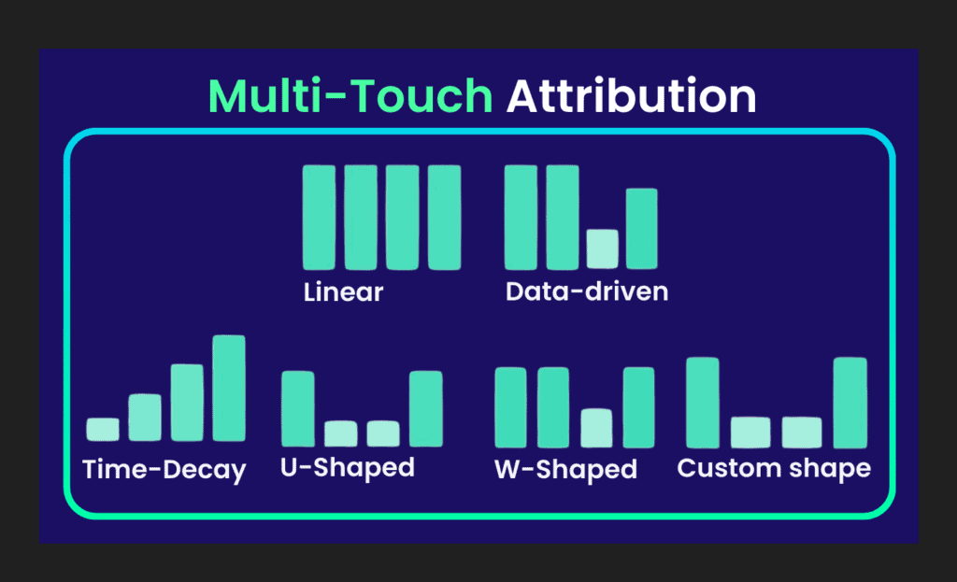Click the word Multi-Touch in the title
click(x=350, y=97)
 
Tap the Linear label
click(x=343, y=291)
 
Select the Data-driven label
click(x=587, y=291)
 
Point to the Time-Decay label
click(x=164, y=469)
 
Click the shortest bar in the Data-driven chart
click(x=602, y=249)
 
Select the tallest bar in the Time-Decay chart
click(x=229, y=388)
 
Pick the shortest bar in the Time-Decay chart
click(x=103, y=429)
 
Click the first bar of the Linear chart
click(x=319, y=217)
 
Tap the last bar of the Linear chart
click(x=445, y=217)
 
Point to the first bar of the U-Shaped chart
click(x=297, y=408)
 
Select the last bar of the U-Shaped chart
click(x=425, y=408)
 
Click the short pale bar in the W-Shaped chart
click(x=596, y=428)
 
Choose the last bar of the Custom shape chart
click(x=850, y=403)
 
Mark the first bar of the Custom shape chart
click(x=703, y=403)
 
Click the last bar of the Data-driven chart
click(x=641, y=229)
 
